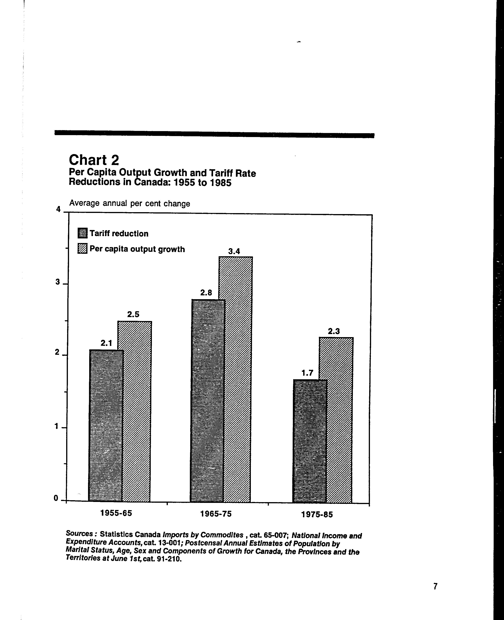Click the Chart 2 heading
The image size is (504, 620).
pyautogui.click(x=94, y=160)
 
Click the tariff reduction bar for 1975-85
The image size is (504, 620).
pyautogui.click(x=310, y=441)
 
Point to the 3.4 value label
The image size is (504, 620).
pyautogui.click(x=234, y=251)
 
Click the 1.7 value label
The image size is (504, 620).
pyautogui.click(x=307, y=373)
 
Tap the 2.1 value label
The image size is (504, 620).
pyautogui.click(x=106, y=343)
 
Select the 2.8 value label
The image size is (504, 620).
pyautogui.click(x=206, y=293)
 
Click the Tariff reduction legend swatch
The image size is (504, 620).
pyautogui.click(x=82, y=233)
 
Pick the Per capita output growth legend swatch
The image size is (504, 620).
pyautogui.click(x=82, y=249)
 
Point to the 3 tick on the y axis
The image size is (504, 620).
pyautogui.click(x=58, y=282)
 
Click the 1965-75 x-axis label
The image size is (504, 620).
pyautogui.click(x=216, y=514)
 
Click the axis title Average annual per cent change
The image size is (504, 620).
pyautogui.click(x=129, y=203)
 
